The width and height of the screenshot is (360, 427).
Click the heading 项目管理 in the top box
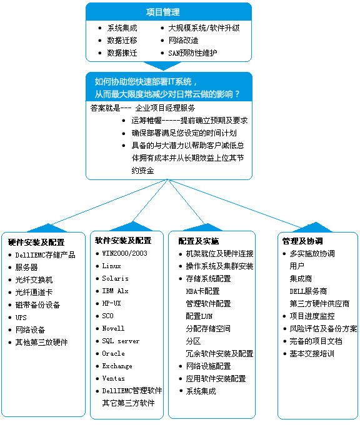point(163,12)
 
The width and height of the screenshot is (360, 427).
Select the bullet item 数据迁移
point(122,41)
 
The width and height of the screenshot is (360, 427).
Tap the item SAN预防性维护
point(192,53)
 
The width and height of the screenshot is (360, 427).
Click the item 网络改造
point(183,41)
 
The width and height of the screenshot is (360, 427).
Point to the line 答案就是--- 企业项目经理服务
point(142,108)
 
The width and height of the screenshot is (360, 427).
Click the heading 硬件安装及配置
point(36,242)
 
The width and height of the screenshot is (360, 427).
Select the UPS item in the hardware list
point(21,318)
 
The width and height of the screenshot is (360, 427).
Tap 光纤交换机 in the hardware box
point(34,280)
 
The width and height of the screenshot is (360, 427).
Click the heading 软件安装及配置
point(123,241)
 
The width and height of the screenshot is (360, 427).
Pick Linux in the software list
point(111,266)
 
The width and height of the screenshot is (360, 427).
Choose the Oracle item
point(113,353)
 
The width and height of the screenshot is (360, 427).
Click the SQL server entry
point(121,341)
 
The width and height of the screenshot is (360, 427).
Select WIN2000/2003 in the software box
point(125,253)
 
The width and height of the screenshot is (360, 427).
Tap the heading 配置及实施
point(199,241)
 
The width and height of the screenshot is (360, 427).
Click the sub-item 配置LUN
point(199,316)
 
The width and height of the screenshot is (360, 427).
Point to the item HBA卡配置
point(202,291)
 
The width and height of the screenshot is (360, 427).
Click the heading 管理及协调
point(302,241)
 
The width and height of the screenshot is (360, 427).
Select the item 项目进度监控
point(312,316)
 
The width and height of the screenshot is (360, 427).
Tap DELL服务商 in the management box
point(308,291)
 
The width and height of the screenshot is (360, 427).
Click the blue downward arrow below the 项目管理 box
point(163,66)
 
